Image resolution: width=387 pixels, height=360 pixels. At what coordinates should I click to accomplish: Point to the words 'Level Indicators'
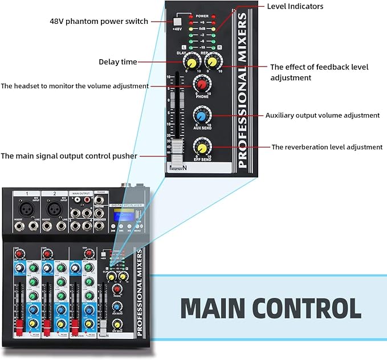click(295, 6)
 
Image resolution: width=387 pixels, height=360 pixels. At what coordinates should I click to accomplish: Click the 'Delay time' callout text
click(118, 62)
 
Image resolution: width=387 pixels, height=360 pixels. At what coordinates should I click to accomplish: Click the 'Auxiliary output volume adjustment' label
click(322, 115)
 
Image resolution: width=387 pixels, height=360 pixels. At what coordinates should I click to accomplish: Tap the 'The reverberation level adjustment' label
click(327, 147)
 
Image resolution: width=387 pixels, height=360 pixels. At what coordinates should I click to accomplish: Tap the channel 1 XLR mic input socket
click(26, 208)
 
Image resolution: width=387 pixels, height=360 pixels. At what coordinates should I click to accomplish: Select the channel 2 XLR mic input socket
click(56, 208)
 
